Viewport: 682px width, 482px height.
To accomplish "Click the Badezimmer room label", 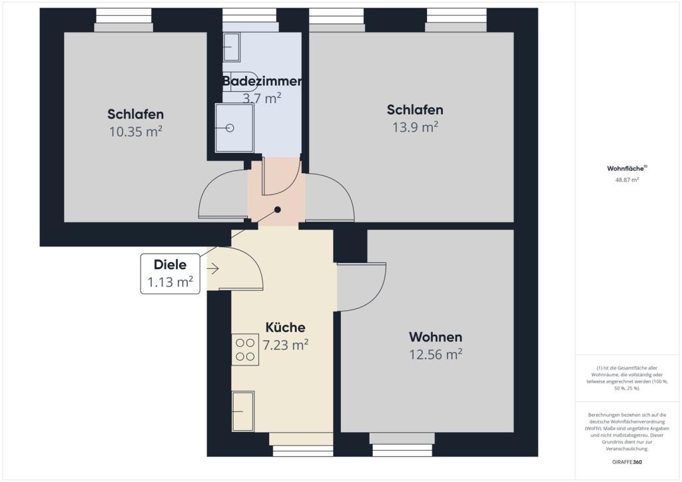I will pos(262,81).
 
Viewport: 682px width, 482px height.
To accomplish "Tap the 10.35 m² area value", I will pos(136,131).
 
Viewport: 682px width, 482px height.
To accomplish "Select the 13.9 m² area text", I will pos(415,126).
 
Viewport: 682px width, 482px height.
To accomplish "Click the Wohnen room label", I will pos(436,337).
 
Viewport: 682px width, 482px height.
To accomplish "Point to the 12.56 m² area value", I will pos(436,354).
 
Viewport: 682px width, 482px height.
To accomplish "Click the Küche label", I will pos(285,328).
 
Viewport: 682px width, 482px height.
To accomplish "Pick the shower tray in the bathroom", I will pos(234,127).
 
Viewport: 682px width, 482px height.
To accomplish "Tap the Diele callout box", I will pos(170,274).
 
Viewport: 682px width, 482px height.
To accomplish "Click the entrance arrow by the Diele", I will pos(214,269).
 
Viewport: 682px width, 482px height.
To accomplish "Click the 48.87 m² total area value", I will pos(626,180).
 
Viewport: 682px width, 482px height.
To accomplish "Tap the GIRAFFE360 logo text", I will pos(626,461).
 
